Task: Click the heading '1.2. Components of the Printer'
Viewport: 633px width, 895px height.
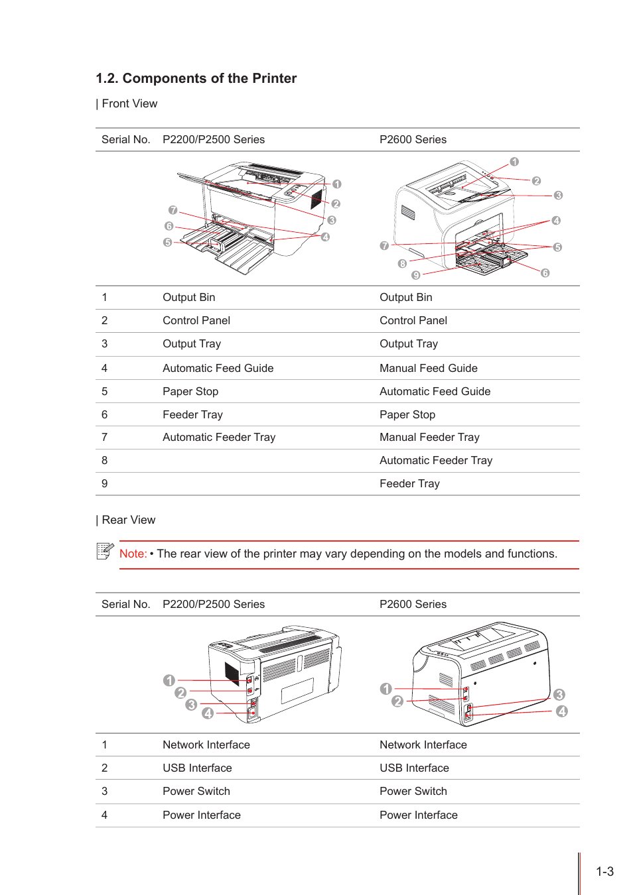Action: tap(196, 78)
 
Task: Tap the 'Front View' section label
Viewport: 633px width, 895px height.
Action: tap(129, 103)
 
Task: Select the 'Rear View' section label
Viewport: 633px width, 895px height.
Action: tap(128, 520)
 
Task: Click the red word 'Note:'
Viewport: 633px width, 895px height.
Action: tap(133, 554)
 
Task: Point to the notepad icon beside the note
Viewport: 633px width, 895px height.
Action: tap(105, 551)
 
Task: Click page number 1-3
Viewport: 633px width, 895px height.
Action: tap(604, 872)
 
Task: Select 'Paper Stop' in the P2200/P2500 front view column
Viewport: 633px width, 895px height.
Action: tap(190, 391)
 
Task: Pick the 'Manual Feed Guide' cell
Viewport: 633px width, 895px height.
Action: tap(428, 368)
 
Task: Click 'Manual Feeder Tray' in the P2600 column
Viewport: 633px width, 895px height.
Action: tap(429, 437)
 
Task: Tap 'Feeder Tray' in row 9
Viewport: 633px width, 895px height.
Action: tap(409, 483)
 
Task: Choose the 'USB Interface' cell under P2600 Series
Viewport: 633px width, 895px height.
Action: tap(414, 768)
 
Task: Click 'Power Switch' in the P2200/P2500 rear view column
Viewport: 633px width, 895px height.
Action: tap(196, 791)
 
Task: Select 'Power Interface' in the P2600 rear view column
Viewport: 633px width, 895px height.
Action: tap(418, 815)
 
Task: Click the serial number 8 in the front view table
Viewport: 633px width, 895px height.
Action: tap(104, 460)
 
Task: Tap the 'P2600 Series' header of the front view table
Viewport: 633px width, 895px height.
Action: tap(413, 139)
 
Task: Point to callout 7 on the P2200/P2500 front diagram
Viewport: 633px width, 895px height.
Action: tap(173, 210)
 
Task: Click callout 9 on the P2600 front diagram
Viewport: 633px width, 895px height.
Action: tap(416, 275)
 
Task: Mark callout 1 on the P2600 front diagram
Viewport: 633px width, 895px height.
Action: tap(514, 162)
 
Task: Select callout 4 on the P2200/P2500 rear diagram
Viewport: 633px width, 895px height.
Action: tap(208, 713)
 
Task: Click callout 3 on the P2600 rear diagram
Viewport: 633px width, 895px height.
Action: tap(559, 695)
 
